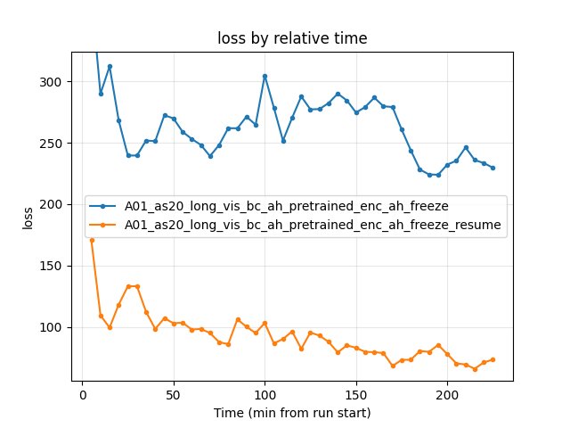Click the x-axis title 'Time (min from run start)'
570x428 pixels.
pos(292,413)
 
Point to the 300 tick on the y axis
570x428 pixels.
pos(53,82)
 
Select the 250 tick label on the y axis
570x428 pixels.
pos(53,144)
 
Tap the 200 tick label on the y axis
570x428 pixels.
pos(53,205)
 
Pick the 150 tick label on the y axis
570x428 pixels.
pos(53,266)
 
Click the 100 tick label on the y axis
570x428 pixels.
pos(53,327)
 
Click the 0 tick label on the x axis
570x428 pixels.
pos(83,394)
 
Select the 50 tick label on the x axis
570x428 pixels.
pos(174,394)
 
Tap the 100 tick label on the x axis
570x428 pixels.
pos(265,394)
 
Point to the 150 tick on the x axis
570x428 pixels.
pos(356,394)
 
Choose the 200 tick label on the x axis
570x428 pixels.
pos(447,394)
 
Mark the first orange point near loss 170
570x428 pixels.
pos(92,240)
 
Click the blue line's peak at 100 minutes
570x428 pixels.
pos(265,76)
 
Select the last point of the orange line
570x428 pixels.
pos(493,359)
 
